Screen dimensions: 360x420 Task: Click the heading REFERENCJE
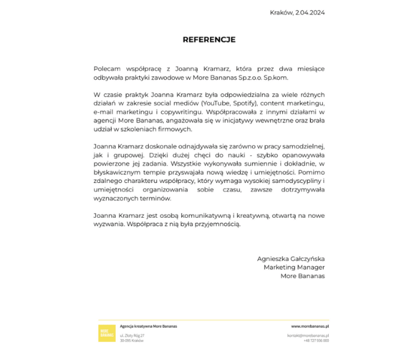pyautogui.click(x=209, y=40)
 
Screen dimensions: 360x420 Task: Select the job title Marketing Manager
pyautogui.click(x=294, y=267)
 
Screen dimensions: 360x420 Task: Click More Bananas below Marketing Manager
pyautogui.click(x=302, y=276)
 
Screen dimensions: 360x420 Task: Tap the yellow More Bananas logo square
pyautogui.click(x=107, y=333)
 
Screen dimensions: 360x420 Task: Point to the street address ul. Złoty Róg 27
pyautogui.click(x=133, y=335)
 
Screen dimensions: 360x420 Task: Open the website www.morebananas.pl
pyautogui.click(x=311, y=326)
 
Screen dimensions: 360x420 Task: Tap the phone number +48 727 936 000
pyautogui.click(x=316, y=340)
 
